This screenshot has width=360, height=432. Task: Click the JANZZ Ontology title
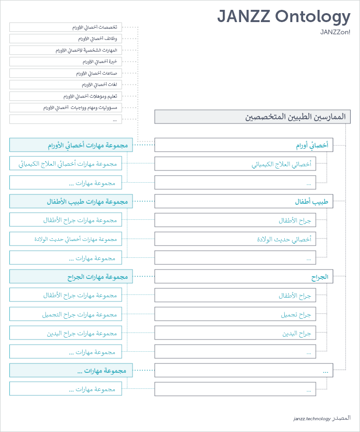coord(283,17)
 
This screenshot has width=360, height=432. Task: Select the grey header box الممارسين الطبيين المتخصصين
coord(252,117)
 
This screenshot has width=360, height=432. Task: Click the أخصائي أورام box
coord(243,145)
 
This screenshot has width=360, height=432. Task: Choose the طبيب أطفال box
coord(243,201)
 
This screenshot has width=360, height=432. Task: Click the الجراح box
coord(243,277)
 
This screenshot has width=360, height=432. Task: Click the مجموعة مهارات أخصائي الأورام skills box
coord(71,145)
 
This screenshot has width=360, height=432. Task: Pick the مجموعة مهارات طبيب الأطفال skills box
coord(71,201)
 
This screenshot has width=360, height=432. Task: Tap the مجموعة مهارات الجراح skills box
coord(71,277)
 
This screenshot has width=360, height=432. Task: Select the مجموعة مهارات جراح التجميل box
coord(65,314)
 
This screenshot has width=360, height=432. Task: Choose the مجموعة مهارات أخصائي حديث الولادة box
coord(65,239)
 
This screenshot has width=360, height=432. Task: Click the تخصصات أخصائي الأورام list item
coord(65,27)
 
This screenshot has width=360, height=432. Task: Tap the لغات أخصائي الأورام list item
coord(65,85)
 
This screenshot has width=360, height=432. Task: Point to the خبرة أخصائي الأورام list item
coord(65,62)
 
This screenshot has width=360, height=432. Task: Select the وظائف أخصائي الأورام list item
coord(65,39)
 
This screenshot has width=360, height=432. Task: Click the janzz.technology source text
coord(312,418)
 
